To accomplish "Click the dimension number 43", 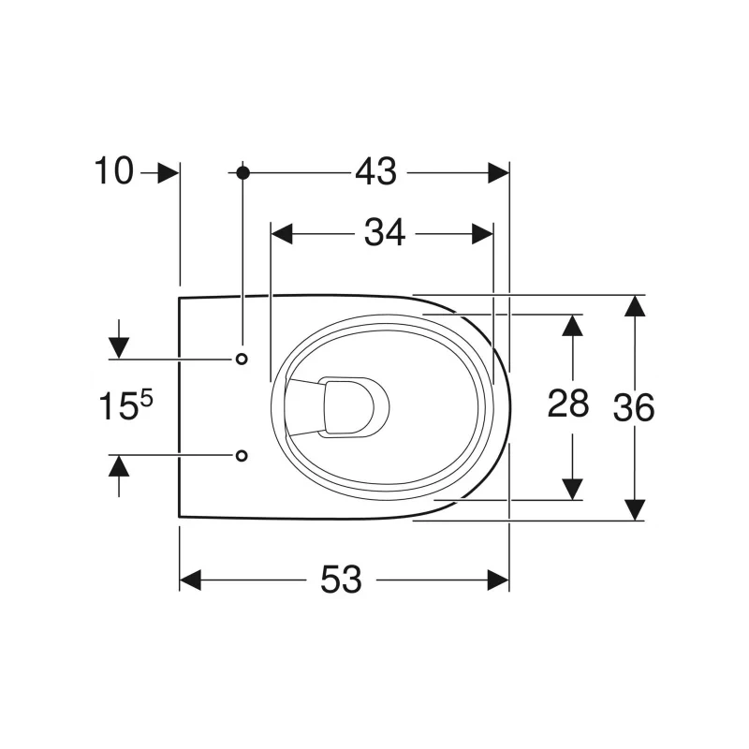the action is click(376, 172).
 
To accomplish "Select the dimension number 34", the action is click(385, 233).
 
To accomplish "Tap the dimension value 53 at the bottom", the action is click(341, 580).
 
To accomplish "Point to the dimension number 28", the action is click(568, 404).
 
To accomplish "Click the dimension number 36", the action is click(634, 408).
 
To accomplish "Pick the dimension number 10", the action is click(113, 171).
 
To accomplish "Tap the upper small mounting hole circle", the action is click(242, 359).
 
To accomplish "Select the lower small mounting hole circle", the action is click(242, 456).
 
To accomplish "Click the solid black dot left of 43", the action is click(243, 172).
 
